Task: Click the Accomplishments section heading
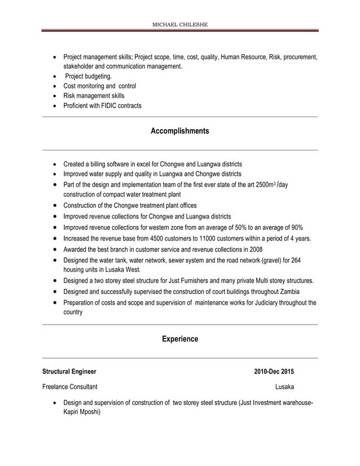180,131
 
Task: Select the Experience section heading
180,339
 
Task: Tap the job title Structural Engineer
69,372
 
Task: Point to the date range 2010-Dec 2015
274,372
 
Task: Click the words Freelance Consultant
69,387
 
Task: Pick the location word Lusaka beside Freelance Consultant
284,387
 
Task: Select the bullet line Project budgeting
88,76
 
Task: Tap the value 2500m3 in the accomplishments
266,184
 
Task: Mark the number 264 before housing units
296,260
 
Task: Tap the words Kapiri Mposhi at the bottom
82,412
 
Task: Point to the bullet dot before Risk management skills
54,96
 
